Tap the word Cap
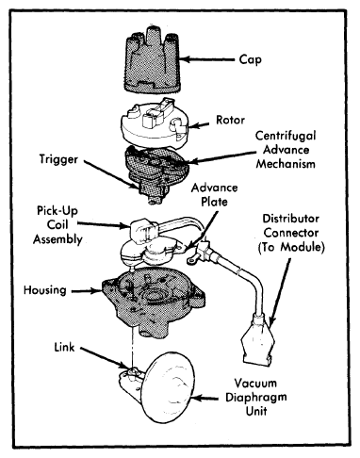click(250, 59)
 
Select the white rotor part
click(155, 123)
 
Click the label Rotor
click(230, 120)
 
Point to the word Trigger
click(58, 159)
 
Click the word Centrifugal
click(286, 136)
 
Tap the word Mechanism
click(286, 164)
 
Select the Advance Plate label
click(214, 195)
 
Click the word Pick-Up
click(57, 211)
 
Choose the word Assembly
click(57, 239)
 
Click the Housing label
click(45, 290)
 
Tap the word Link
click(64, 347)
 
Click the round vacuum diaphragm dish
click(168, 387)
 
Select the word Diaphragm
click(256, 398)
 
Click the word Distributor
click(291, 219)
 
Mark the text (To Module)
click(291, 247)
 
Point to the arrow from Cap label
click(208, 59)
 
